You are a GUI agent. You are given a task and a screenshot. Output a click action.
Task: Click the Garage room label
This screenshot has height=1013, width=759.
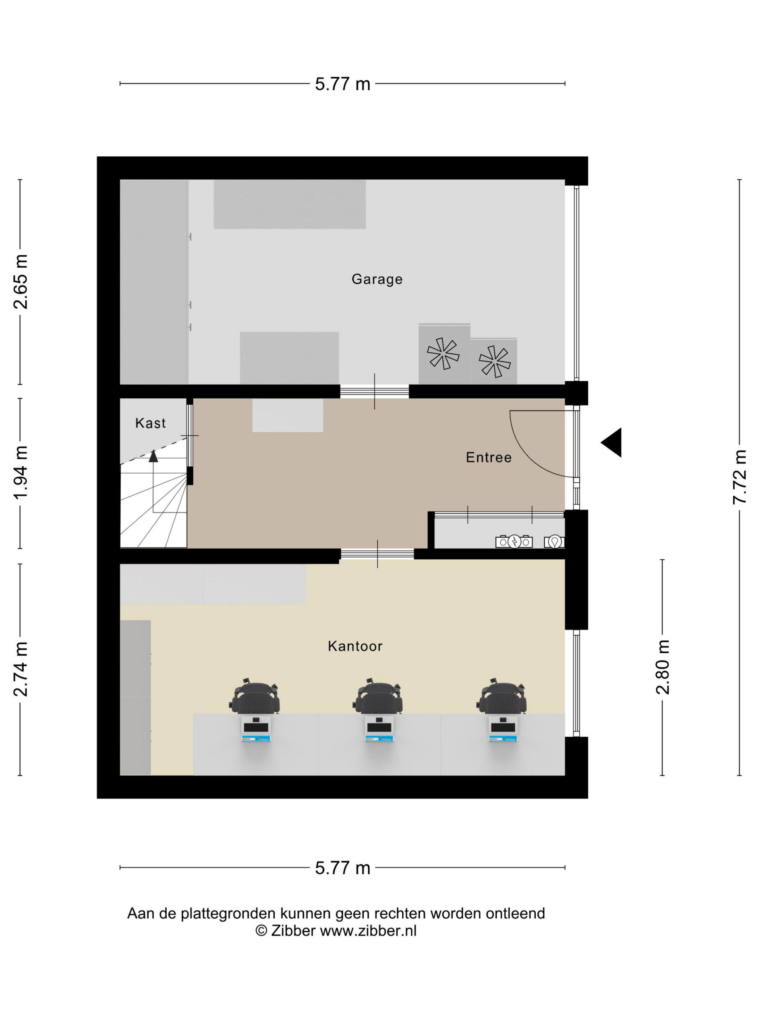click(x=377, y=279)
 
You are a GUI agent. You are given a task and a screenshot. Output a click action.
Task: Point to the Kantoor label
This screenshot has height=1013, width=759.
click(x=355, y=646)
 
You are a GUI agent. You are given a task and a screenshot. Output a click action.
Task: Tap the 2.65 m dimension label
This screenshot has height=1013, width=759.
click(x=21, y=281)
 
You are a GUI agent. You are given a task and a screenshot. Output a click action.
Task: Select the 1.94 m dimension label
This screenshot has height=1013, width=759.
click(x=21, y=472)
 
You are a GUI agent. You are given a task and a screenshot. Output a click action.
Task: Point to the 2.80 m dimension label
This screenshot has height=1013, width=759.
click(x=662, y=667)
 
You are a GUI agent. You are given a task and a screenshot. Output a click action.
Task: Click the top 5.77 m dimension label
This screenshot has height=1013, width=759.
click(x=342, y=84)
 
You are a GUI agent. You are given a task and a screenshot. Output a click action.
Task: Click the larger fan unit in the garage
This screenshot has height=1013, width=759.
click(x=444, y=353)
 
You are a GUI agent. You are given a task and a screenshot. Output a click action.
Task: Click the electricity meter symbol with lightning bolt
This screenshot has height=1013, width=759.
click(x=514, y=542)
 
